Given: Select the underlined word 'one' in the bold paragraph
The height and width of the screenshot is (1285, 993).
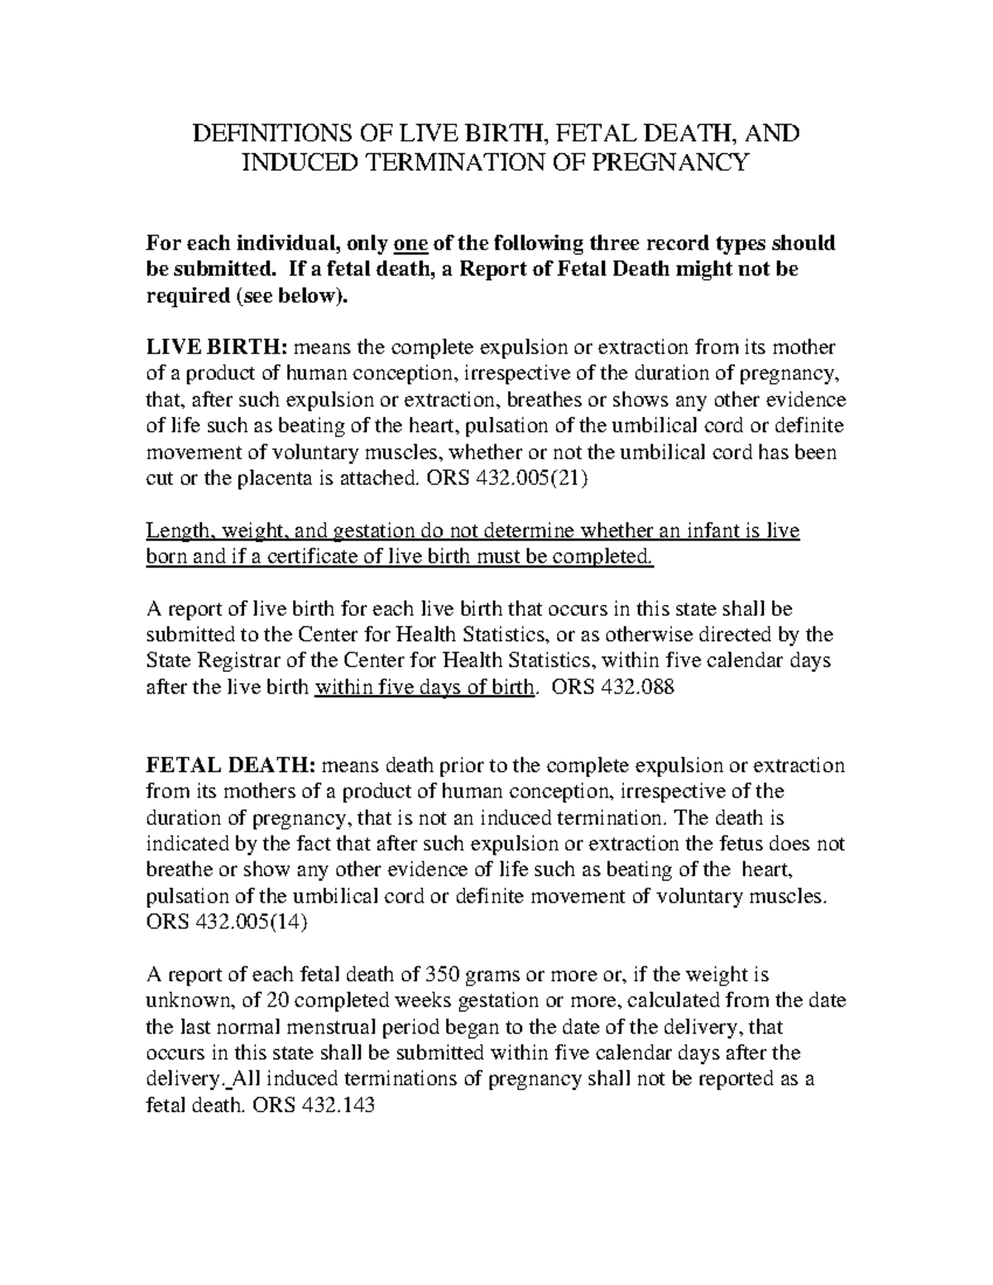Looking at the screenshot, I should [410, 243].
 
